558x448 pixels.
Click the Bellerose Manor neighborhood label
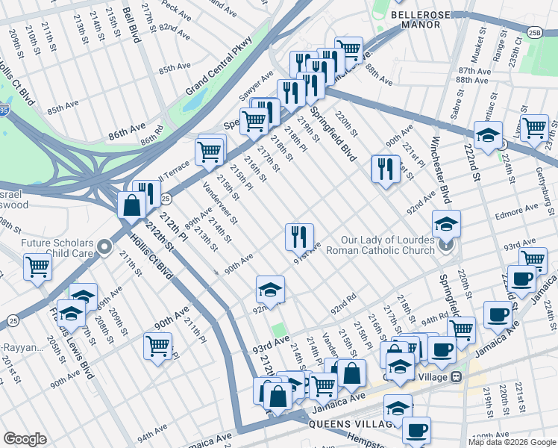pos(426,19)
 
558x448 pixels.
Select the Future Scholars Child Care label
pos(57,249)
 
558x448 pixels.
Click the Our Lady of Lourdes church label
pos(388,245)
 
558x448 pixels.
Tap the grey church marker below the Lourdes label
pos(446,244)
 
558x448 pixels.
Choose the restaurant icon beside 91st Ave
pos(298,237)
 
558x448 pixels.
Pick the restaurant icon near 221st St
pos(385,169)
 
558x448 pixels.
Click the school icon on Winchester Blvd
pos(446,223)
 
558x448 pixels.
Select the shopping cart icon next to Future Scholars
pos(37,267)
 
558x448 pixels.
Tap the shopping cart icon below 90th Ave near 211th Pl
pos(157,346)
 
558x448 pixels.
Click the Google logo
pos(25,439)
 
